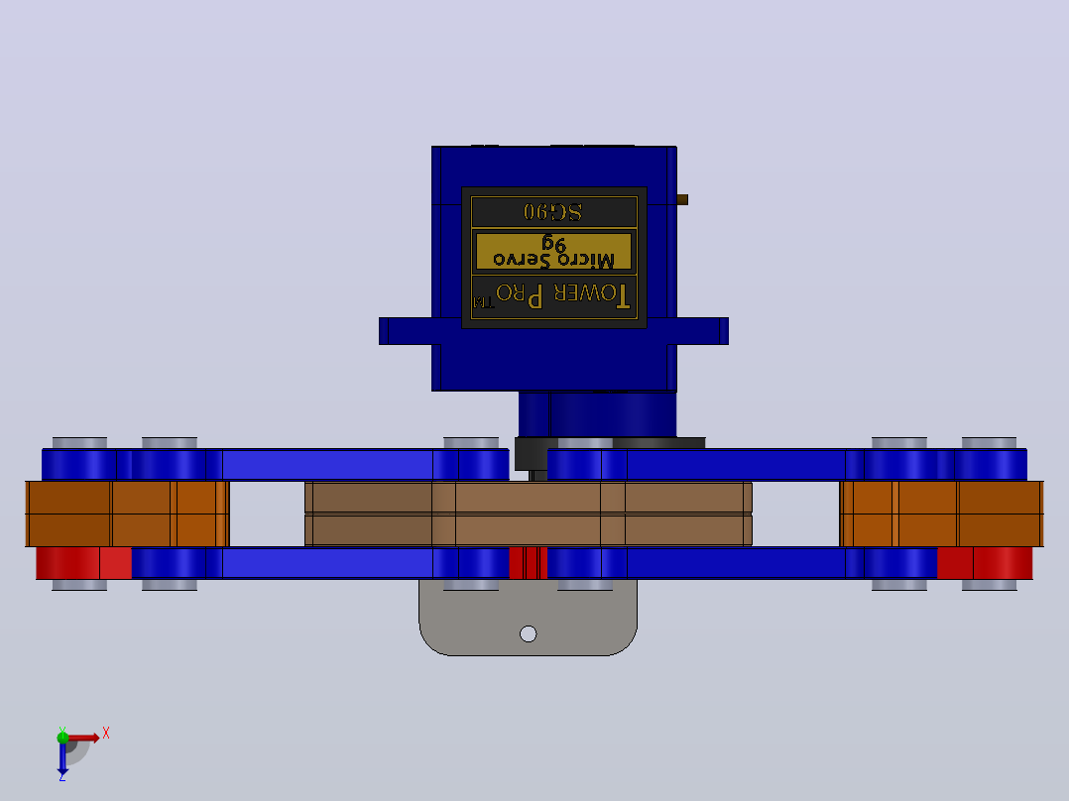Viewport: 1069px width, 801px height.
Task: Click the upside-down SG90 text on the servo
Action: [x=553, y=212]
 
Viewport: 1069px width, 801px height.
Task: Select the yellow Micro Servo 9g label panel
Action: [x=553, y=252]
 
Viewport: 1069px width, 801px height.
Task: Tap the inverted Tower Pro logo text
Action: [x=552, y=295]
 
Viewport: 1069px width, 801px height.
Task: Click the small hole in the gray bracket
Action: [x=528, y=634]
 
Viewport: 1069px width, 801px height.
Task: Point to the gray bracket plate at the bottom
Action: [x=528, y=617]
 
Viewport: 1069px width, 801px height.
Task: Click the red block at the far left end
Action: [x=83, y=563]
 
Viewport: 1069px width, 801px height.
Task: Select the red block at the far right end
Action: [x=985, y=563]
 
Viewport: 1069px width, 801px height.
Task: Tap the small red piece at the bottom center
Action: [x=528, y=563]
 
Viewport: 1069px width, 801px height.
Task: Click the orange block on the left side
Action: [x=127, y=514]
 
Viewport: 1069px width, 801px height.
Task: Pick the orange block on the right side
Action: [x=941, y=514]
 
